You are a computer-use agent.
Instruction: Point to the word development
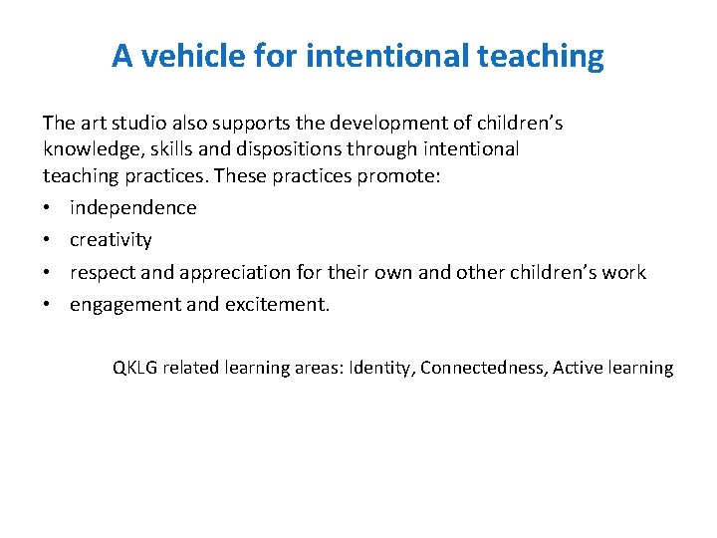tap(389, 123)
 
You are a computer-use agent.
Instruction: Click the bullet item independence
tap(132, 207)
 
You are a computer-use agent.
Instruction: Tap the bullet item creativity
tap(111, 240)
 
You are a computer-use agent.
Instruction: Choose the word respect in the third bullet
tap(100, 272)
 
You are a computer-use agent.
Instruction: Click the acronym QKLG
tap(135, 368)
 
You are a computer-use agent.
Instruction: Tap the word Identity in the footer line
tap(383, 368)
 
